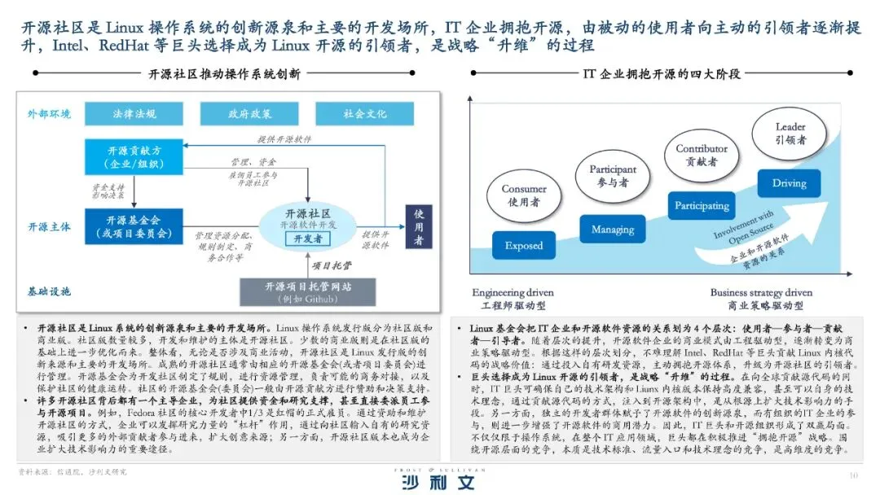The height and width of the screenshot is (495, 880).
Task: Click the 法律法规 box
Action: coord(134,114)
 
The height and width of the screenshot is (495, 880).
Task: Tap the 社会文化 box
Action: coord(364,114)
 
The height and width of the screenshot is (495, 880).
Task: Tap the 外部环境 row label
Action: coord(50,114)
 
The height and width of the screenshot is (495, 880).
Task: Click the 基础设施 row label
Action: coord(50,291)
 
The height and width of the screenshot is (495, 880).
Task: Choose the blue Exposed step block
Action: coord(523,246)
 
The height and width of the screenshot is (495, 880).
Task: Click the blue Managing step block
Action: coord(613,230)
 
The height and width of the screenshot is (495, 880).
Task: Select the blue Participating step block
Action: coord(702,206)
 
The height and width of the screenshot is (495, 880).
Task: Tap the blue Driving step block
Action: coord(789,183)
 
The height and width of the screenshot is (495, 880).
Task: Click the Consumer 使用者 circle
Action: coord(524,195)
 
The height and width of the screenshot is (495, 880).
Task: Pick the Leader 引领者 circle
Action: coord(790,132)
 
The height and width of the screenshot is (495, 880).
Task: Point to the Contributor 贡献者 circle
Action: coord(702,155)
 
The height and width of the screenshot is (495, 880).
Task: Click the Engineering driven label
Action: coord(513,293)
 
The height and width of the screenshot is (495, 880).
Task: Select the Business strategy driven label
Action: coord(760,293)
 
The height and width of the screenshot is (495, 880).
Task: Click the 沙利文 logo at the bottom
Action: coord(440,480)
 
